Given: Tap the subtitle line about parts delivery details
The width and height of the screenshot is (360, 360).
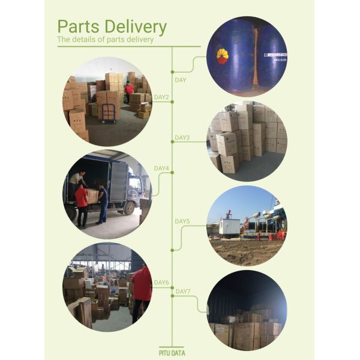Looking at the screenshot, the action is pos(105,40).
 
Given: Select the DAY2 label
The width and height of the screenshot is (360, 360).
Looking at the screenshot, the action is pos(161,97).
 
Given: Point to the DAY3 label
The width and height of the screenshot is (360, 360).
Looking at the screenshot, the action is pos(182,138).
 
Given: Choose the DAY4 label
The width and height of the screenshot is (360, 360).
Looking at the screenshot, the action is pos(161,169).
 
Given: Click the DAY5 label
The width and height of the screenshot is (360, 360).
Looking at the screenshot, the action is pos(182,221).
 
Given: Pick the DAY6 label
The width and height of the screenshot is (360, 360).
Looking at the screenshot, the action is pos(161,283).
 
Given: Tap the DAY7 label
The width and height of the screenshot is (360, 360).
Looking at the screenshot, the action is pos(182,292).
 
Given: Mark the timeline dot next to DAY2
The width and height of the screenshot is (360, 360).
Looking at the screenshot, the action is pos(172,101).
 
